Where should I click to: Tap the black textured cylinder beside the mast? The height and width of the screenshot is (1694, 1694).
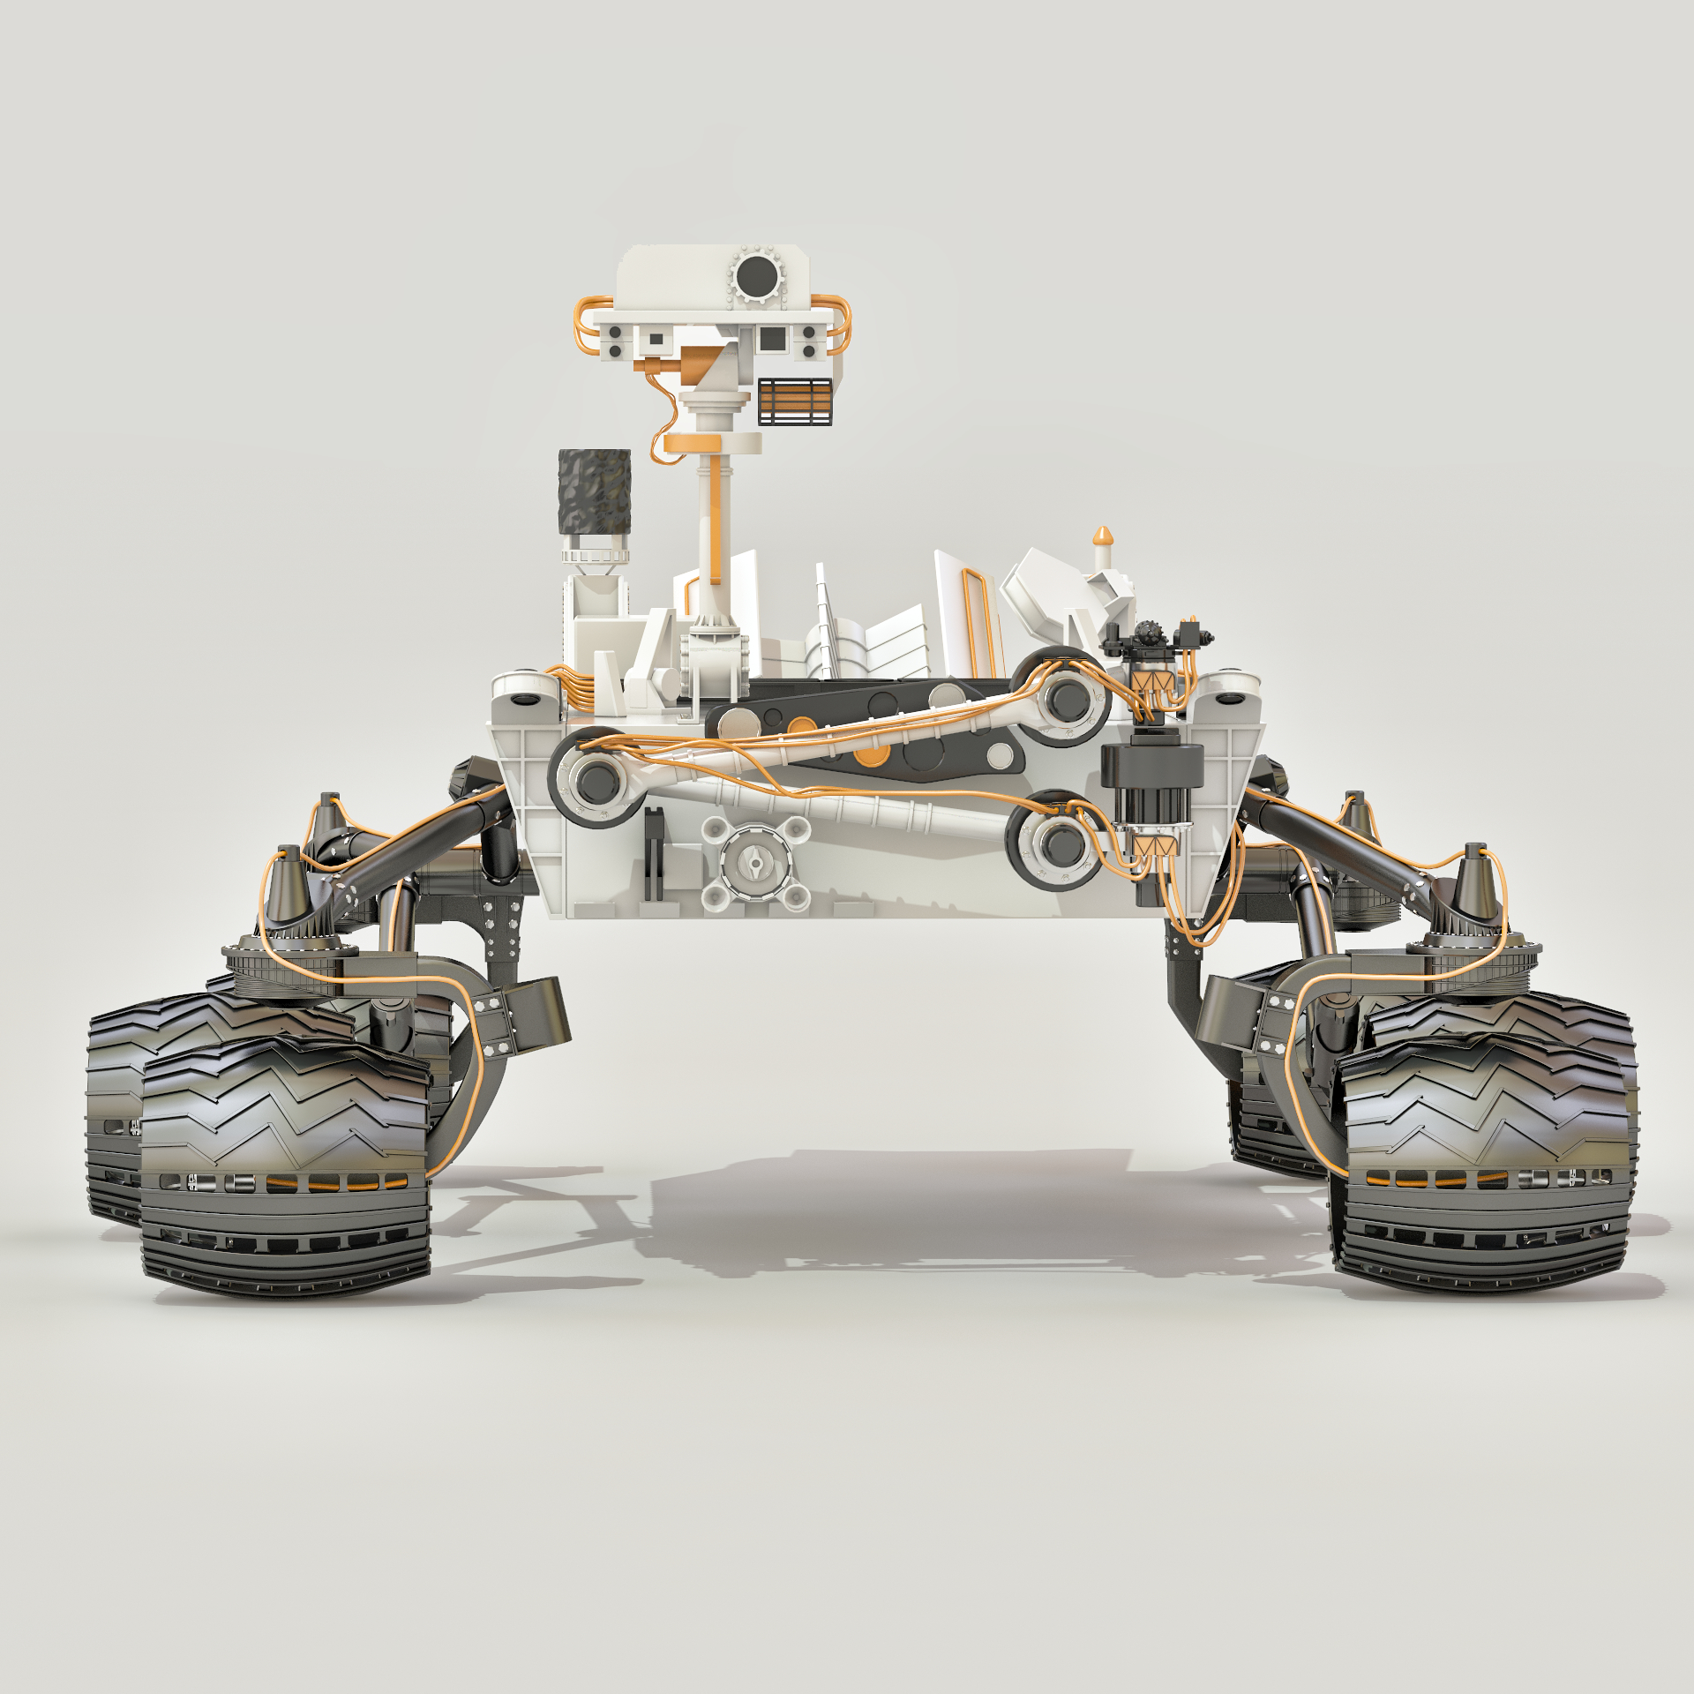595,491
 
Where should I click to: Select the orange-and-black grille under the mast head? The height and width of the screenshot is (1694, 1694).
795,401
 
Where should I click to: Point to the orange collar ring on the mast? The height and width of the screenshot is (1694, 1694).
711,442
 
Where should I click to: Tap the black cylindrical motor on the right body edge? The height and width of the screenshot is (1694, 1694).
1151,782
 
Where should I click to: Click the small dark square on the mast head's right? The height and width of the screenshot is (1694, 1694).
772,338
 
